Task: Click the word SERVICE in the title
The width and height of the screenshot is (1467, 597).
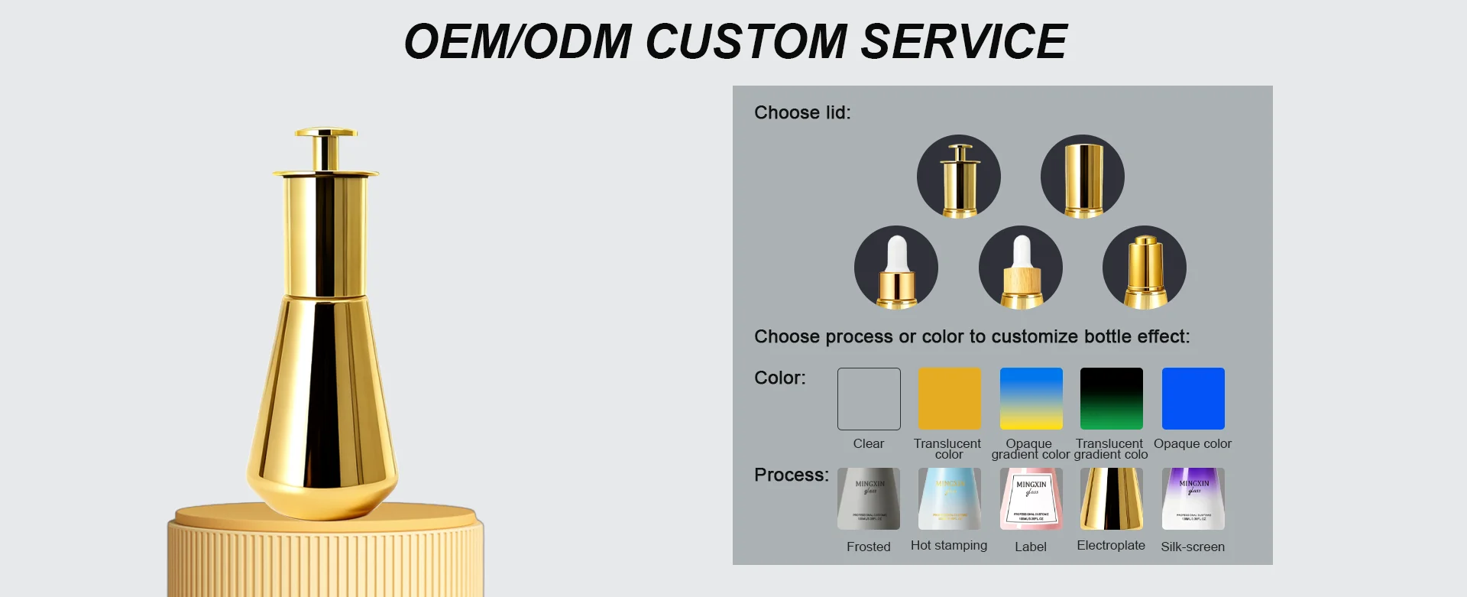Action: coord(963,41)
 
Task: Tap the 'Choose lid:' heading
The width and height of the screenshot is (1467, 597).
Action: coord(802,113)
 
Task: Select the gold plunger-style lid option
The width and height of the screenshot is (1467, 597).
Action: coord(959,177)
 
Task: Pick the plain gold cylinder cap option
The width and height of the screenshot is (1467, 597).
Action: coord(1083,177)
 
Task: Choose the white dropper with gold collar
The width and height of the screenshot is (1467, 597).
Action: coord(896,268)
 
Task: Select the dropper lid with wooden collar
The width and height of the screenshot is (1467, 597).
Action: coord(1021,268)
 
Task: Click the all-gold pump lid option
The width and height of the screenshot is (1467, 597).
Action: coord(1145,268)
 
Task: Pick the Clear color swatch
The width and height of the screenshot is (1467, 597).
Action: coord(869,399)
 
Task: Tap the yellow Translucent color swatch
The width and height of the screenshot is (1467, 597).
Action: coord(949,399)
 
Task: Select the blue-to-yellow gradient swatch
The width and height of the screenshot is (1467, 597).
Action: coord(1031,399)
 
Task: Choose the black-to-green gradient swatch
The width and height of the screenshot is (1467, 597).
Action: coord(1112,399)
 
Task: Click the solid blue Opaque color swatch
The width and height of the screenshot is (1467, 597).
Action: coord(1193,399)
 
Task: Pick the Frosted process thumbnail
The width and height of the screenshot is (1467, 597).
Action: coord(869,499)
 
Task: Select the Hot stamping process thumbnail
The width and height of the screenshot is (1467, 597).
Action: coord(949,499)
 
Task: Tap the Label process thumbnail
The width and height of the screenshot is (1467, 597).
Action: coord(1031,499)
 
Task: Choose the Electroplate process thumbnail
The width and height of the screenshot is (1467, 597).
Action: coord(1112,499)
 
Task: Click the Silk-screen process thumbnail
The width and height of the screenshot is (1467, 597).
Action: coord(1193,499)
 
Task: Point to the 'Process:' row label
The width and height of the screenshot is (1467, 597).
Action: coord(791,475)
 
